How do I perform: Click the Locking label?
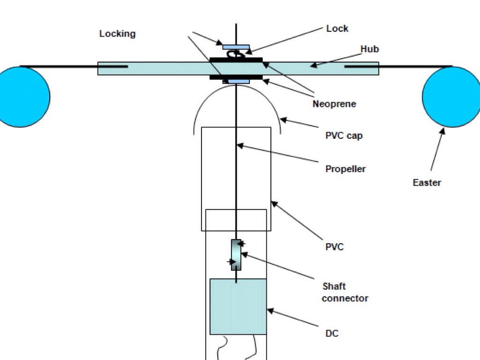[117, 34]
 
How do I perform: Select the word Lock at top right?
[337, 29]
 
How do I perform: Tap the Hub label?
[369, 49]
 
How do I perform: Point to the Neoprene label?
[334, 104]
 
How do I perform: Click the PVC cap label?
[344, 136]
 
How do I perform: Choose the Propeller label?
[345, 169]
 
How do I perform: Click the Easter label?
[427, 183]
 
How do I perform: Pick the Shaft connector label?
[345, 292]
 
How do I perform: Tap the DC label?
[332, 334]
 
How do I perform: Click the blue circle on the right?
[451, 97]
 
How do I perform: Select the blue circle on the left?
[21, 97]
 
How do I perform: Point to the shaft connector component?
[236, 255]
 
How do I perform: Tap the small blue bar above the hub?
[236, 47]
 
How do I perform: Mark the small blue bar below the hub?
[239, 82]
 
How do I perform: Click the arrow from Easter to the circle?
[436, 150]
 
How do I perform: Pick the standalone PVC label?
[334, 247]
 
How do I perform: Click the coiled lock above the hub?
[234, 54]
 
